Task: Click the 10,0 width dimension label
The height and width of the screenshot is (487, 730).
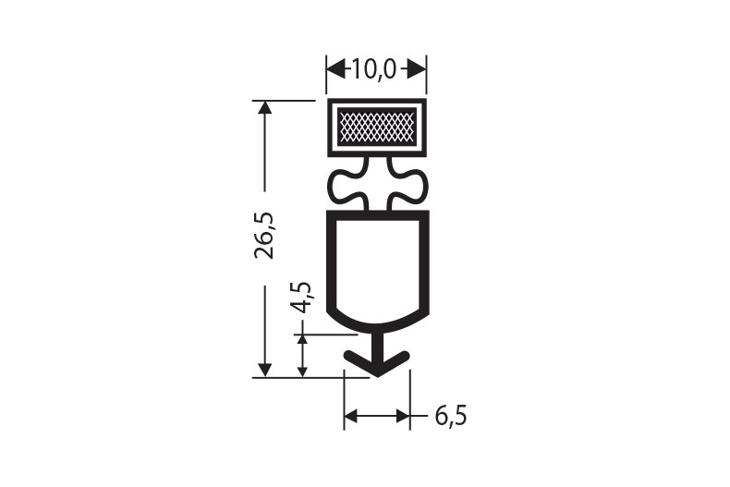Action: (x=373, y=70)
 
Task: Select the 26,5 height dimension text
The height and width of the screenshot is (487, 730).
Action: (x=264, y=236)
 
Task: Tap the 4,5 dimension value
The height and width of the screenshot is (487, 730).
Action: (x=300, y=298)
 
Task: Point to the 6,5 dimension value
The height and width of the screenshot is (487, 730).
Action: (x=451, y=416)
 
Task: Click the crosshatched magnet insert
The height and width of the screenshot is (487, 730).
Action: (x=377, y=127)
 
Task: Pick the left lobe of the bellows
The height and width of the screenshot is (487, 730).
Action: (x=348, y=186)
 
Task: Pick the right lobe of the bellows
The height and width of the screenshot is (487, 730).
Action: (x=406, y=186)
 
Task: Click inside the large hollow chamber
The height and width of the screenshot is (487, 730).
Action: (x=377, y=265)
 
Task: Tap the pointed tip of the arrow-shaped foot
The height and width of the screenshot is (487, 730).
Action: (x=378, y=376)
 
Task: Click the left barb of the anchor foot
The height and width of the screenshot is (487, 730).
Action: (x=359, y=361)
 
